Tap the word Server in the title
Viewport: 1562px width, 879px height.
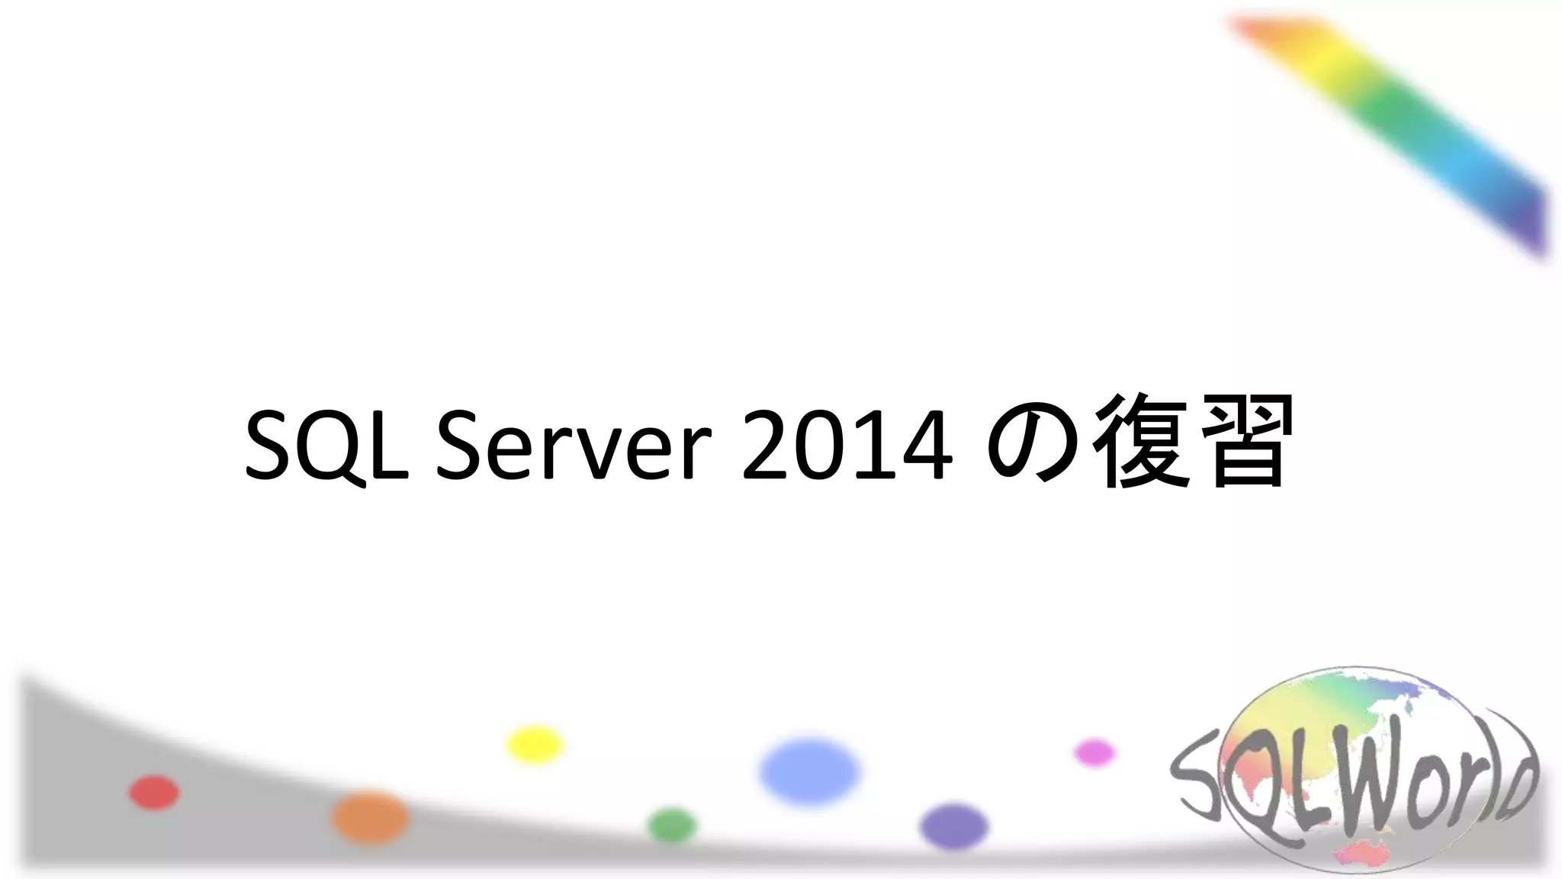(x=574, y=446)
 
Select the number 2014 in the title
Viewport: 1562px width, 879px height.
(x=847, y=446)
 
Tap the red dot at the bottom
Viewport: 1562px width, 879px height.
(x=154, y=792)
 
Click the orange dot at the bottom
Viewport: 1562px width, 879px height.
(x=371, y=817)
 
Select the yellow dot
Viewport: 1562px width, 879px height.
(x=535, y=744)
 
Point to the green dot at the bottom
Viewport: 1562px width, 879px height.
(x=672, y=826)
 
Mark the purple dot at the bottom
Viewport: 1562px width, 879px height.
(x=954, y=826)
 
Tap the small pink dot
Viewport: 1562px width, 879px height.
(x=1094, y=752)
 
